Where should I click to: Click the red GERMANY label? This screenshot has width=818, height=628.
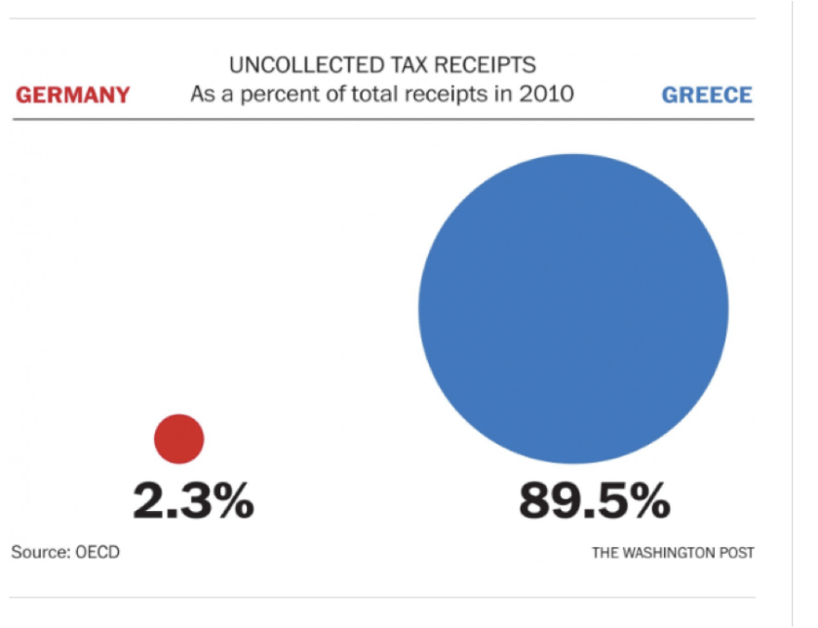(x=73, y=95)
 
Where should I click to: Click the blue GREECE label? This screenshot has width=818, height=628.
(x=707, y=95)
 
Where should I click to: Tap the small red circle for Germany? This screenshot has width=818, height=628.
(x=179, y=439)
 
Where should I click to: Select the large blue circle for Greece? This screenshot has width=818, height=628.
(x=573, y=308)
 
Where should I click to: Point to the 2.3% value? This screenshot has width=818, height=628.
(x=193, y=501)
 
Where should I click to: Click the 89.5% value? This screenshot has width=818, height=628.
(x=594, y=501)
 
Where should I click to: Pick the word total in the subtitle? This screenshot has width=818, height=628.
(x=364, y=96)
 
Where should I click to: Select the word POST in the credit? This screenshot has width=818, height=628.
(x=736, y=553)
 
